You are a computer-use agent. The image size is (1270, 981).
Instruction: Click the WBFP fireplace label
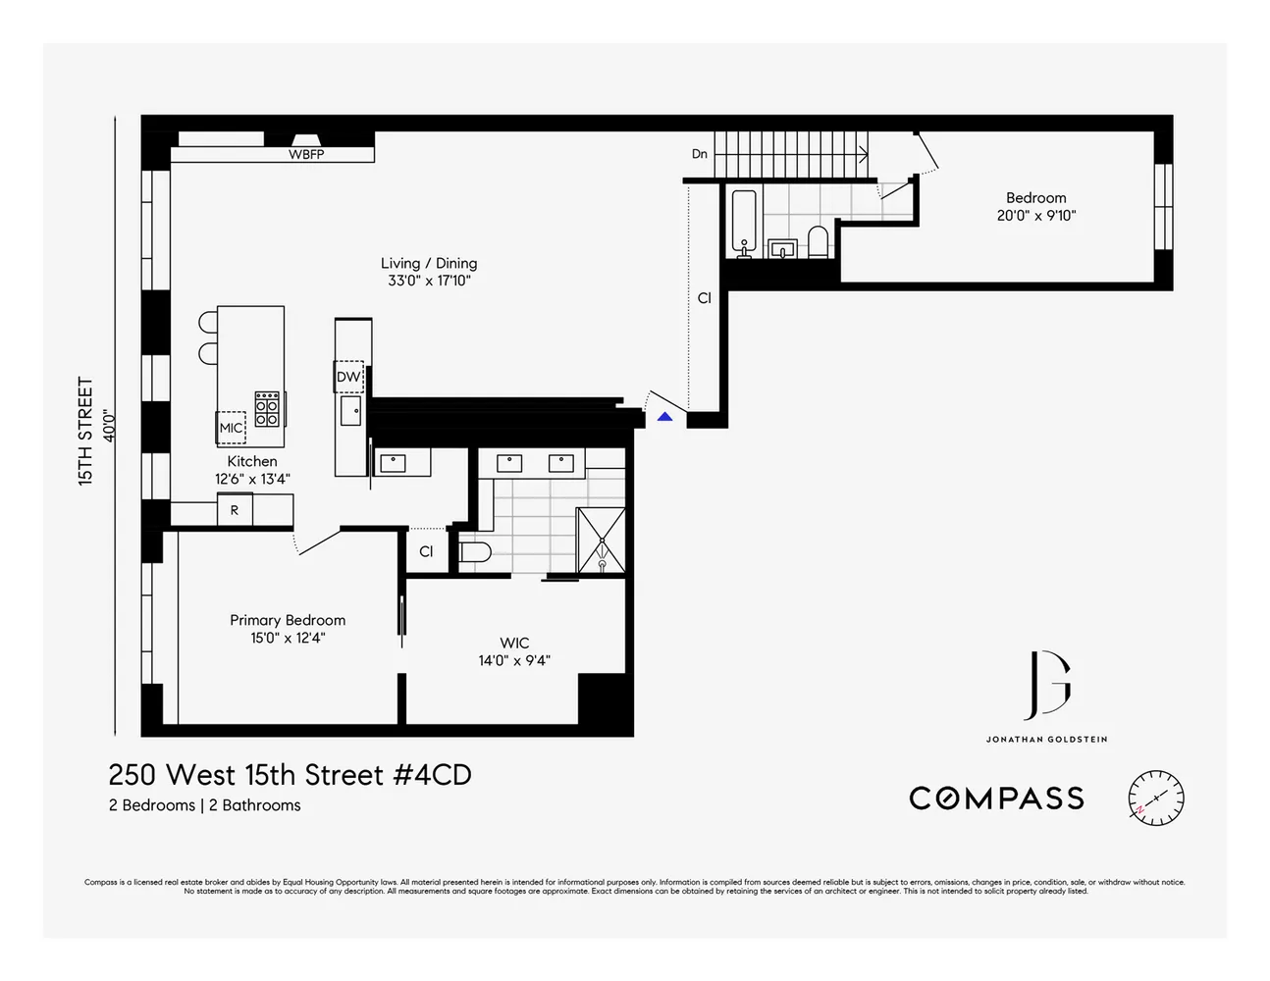click(306, 155)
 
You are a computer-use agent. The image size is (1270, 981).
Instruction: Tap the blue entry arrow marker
click(664, 417)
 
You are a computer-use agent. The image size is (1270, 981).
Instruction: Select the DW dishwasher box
click(348, 377)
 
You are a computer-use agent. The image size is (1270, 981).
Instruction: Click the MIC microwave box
click(232, 428)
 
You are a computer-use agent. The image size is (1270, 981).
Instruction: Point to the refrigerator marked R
click(235, 510)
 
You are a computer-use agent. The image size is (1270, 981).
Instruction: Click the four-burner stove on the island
click(267, 408)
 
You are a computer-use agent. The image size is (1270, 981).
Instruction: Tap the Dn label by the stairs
click(700, 154)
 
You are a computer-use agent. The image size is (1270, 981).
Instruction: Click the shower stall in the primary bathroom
click(600, 541)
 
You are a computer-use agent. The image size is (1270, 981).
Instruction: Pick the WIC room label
click(514, 644)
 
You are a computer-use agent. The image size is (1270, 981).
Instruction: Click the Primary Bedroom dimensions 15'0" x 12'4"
click(288, 639)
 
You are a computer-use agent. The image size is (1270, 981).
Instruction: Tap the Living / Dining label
click(429, 263)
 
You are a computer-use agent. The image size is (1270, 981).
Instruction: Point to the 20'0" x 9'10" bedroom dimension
click(1035, 216)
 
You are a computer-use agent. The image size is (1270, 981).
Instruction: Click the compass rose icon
click(1155, 798)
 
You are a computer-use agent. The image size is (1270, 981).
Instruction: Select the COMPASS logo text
click(996, 799)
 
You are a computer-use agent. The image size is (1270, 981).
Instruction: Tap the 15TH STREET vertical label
click(86, 432)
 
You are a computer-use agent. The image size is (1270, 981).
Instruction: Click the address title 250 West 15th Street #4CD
click(290, 775)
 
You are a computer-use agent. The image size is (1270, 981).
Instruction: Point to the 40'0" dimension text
click(110, 426)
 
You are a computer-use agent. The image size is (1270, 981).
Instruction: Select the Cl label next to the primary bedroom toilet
click(426, 551)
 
